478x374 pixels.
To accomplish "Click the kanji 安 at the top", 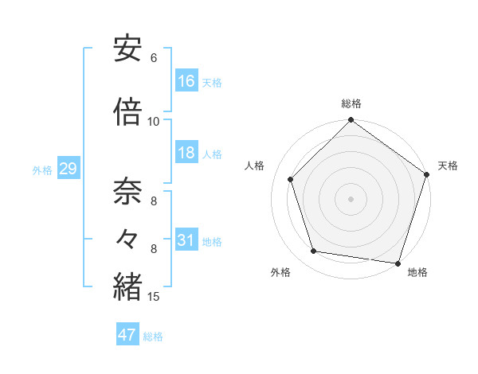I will [x=128, y=49].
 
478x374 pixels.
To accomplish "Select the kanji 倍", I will [x=128, y=112].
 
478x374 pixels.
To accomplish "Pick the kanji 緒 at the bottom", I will [x=128, y=287].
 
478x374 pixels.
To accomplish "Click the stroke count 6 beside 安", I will [x=154, y=58].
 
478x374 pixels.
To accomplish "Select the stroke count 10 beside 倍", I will [x=154, y=122].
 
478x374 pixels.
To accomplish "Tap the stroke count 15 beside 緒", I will [x=154, y=297].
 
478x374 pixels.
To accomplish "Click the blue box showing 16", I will [x=186, y=81].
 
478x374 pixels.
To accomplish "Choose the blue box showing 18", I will [x=186, y=153].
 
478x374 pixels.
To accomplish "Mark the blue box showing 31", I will [x=186, y=240].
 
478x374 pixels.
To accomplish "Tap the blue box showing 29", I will [x=68, y=169].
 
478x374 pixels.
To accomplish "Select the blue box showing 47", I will [x=127, y=335].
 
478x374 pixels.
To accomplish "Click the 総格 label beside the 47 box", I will [x=153, y=337].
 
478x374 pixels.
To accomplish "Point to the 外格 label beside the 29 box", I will [x=42, y=170].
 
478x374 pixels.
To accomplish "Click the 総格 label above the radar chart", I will [x=351, y=103].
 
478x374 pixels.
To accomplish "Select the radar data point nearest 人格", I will [x=291, y=179].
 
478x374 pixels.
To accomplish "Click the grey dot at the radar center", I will [x=351, y=198].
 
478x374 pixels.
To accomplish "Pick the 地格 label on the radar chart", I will [x=417, y=273].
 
